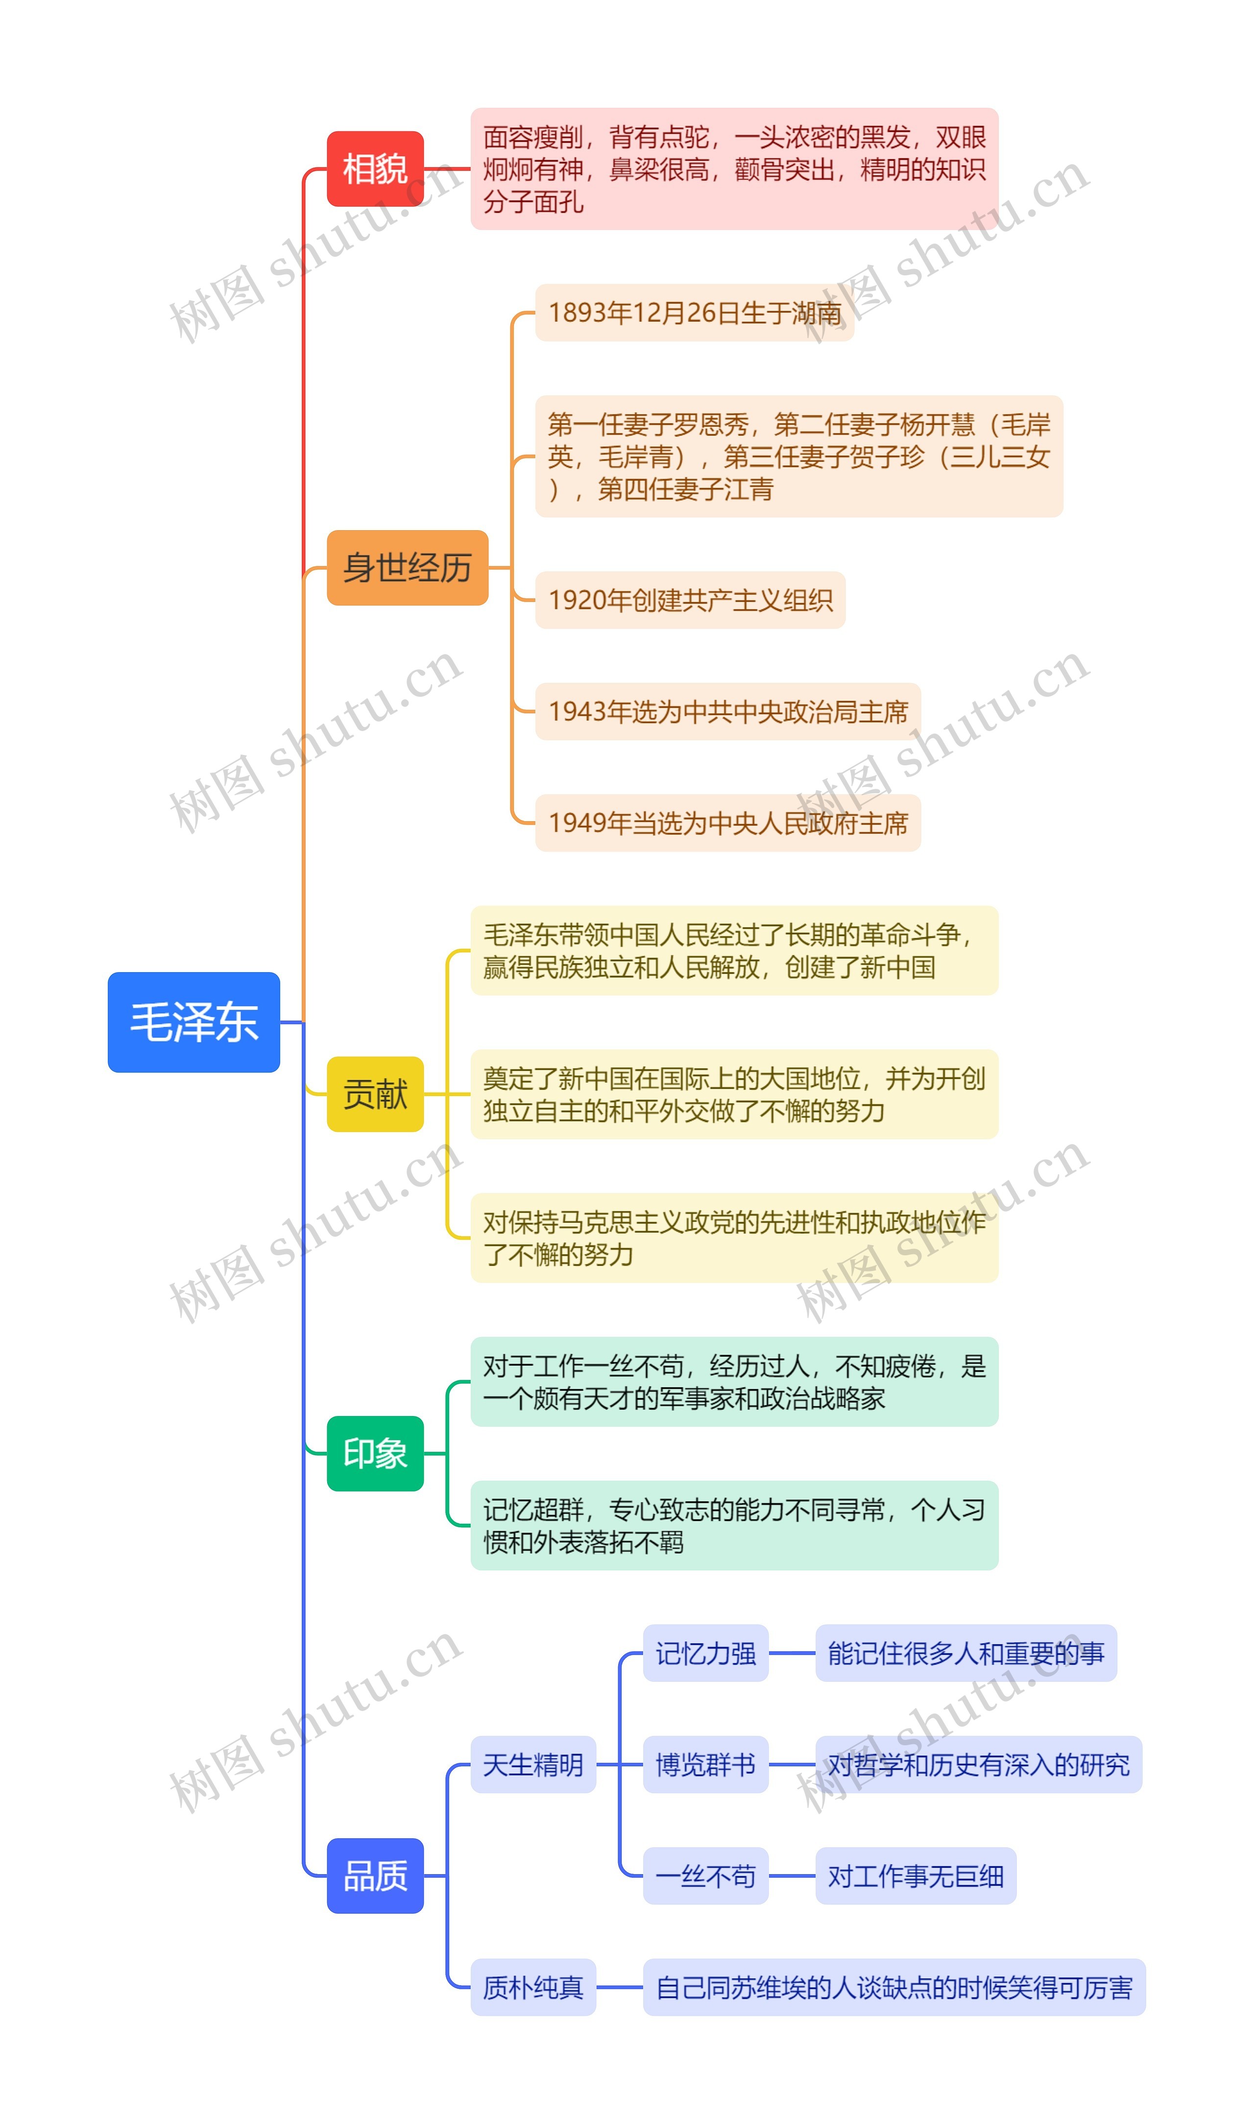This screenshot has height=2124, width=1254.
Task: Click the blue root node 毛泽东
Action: (x=193, y=1022)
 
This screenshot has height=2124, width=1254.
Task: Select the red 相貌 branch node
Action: (x=375, y=169)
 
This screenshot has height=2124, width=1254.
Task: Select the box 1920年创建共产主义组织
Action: (x=690, y=600)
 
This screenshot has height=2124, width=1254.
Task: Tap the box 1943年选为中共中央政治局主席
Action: (x=727, y=711)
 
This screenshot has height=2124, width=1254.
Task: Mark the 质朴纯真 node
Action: (x=533, y=1987)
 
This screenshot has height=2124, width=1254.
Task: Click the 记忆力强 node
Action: (x=705, y=1653)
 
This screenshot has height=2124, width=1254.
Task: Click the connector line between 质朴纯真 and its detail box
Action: (x=619, y=1987)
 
